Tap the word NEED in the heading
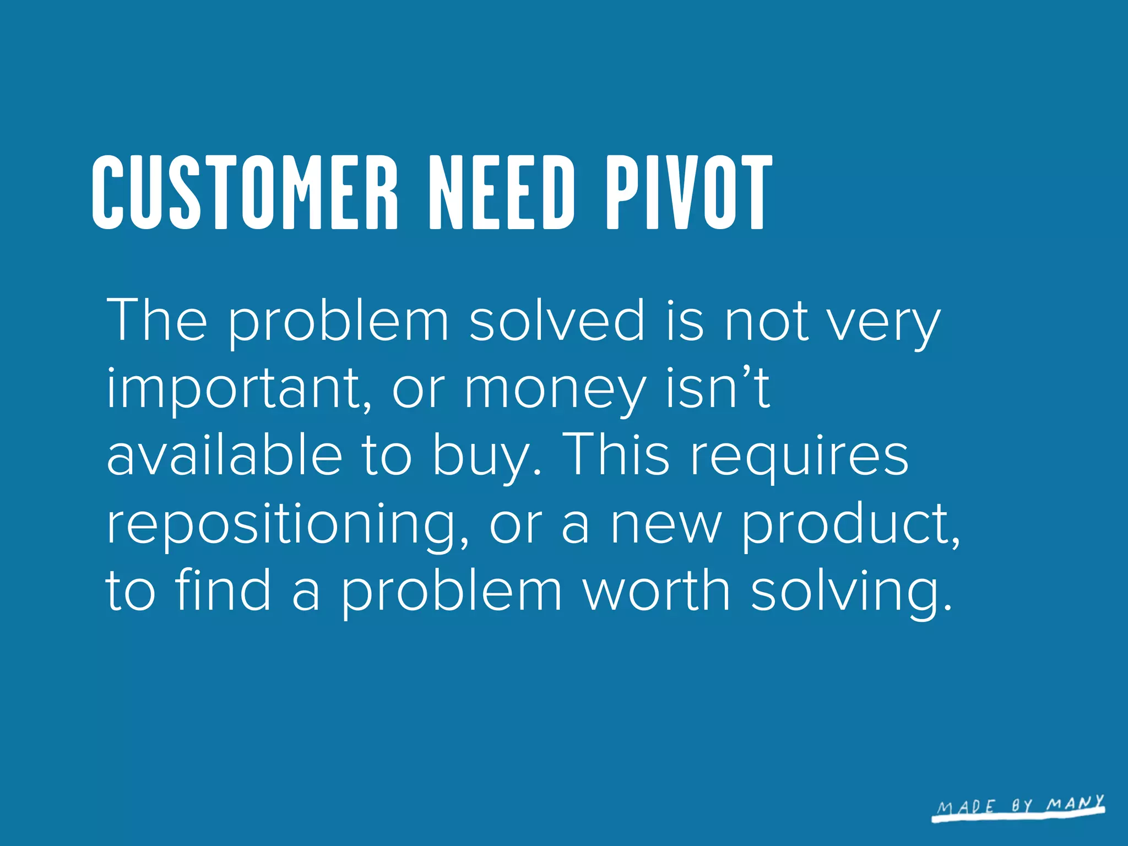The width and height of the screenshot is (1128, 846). (502, 192)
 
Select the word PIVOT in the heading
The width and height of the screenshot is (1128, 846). (688, 192)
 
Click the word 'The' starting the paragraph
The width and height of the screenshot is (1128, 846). (157, 319)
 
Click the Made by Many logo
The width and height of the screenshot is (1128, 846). (1019, 807)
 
